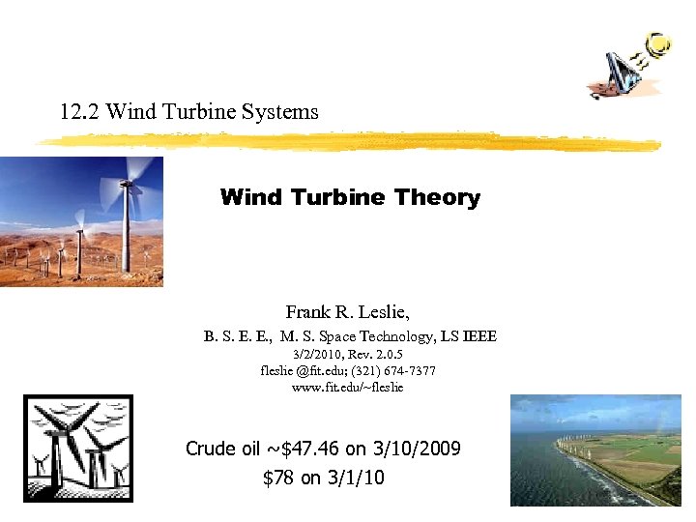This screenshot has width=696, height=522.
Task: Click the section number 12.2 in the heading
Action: (79, 112)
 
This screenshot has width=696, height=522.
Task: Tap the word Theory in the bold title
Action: (437, 198)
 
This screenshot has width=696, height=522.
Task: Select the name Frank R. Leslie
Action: (348, 312)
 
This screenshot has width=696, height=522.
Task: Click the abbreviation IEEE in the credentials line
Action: (480, 336)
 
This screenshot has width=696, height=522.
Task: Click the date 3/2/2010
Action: (305, 356)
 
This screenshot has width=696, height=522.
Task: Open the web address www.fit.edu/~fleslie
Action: (348, 387)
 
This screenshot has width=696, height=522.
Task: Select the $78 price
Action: (278, 478)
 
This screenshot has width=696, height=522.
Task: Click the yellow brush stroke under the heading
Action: (348, 142)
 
